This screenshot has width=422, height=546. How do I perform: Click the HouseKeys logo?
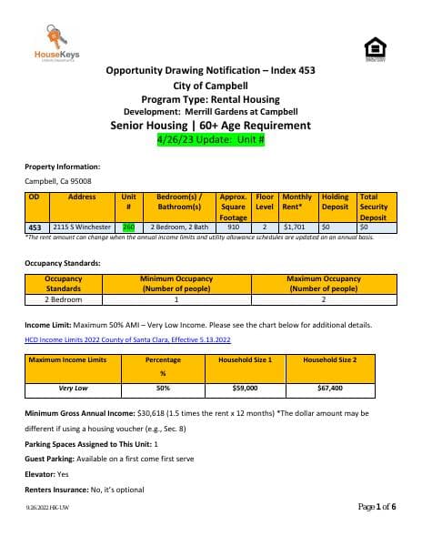55,46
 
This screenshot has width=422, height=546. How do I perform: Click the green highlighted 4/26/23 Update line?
210,140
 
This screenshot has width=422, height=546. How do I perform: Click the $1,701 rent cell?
295,227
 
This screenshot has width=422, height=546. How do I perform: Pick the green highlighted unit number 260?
128,227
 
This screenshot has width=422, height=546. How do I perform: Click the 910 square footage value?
234,227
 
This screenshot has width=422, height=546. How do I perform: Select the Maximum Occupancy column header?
323,283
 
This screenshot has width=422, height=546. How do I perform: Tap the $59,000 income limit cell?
245,388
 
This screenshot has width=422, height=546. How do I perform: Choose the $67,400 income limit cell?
329,388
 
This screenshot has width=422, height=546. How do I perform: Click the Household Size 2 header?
329,359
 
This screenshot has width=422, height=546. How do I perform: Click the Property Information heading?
62,167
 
